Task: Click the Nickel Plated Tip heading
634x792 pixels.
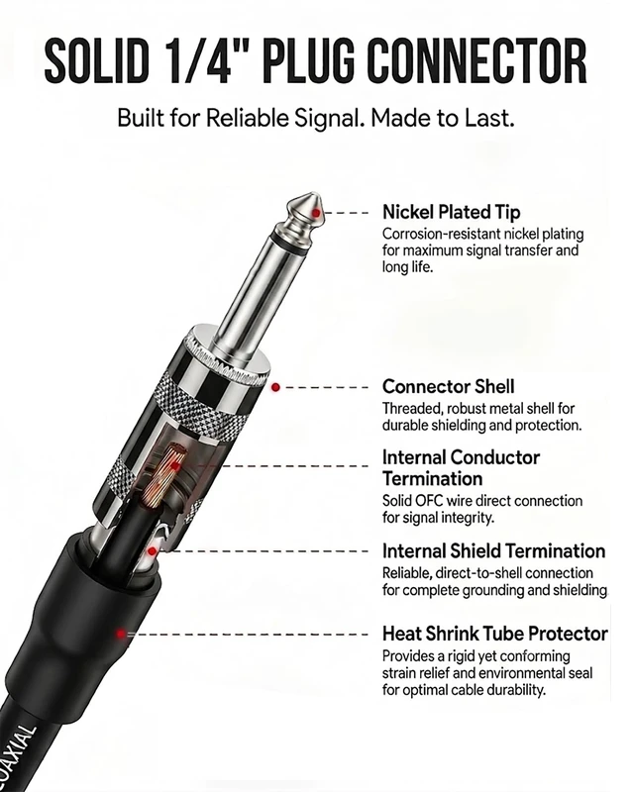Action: tap(451, 212)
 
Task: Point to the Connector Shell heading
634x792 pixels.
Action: tap(448, 386)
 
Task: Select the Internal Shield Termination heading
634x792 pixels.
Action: tap(493, 550)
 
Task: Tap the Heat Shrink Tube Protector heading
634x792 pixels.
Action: tap(495, 634)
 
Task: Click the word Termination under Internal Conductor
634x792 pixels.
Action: tap(432, 478)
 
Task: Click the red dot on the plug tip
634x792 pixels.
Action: tap(316, 213)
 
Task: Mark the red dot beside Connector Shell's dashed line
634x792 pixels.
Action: tap(275, 387)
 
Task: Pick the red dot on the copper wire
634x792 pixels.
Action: tap(174, 465)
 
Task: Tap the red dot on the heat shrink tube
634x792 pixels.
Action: tap(121, 634)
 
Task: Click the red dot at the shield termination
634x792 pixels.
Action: tap(153, 551)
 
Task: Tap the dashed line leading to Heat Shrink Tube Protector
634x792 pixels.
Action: tap(248, 634)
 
